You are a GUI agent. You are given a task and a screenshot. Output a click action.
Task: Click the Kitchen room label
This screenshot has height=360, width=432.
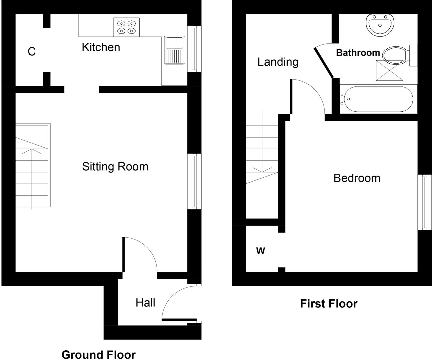101,47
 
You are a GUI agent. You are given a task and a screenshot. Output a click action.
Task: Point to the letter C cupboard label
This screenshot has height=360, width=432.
32,52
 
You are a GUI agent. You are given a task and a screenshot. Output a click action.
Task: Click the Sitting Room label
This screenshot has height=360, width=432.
115,166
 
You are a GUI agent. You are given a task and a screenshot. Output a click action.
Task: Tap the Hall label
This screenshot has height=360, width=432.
145,303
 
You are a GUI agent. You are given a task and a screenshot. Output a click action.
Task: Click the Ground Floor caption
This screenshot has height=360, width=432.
99,355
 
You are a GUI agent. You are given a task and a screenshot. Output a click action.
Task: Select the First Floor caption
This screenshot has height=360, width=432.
329,304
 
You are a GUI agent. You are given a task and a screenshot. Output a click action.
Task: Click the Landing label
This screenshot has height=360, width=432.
278,62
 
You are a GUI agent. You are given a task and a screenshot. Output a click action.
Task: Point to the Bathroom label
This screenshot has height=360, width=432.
358,53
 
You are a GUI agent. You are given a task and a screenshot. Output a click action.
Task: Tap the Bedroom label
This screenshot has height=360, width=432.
357,178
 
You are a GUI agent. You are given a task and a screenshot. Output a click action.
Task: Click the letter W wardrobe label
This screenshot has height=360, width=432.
261,251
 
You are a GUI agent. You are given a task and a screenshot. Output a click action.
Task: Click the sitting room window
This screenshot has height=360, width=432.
194,181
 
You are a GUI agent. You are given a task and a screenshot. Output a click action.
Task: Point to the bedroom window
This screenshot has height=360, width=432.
424,202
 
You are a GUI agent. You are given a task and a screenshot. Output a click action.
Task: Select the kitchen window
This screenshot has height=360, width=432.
194,49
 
